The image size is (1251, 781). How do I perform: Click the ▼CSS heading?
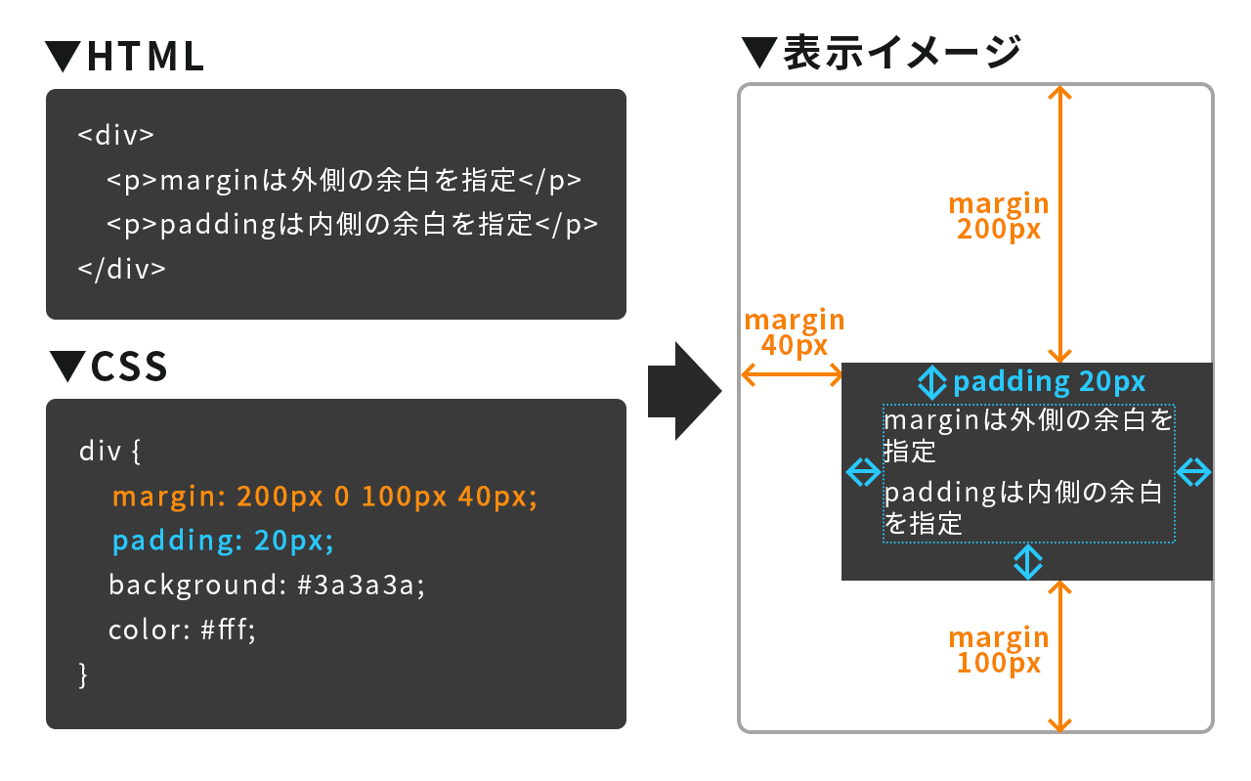pos(108,367)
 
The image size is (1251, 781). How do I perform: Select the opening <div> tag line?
pos(116,135)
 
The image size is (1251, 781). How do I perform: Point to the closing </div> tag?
pos(122,270)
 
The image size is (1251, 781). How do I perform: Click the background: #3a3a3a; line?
pos(268,586)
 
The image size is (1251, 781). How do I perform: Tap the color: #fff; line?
pos(182,630)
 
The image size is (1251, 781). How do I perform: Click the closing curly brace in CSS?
pos(83,674)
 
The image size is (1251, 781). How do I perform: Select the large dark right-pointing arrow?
pos(684,391)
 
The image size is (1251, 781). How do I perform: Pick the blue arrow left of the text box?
pos(862,473)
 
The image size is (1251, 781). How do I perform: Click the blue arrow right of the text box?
pos(1193,473)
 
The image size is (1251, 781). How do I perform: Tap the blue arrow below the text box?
pos(1027,561)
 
